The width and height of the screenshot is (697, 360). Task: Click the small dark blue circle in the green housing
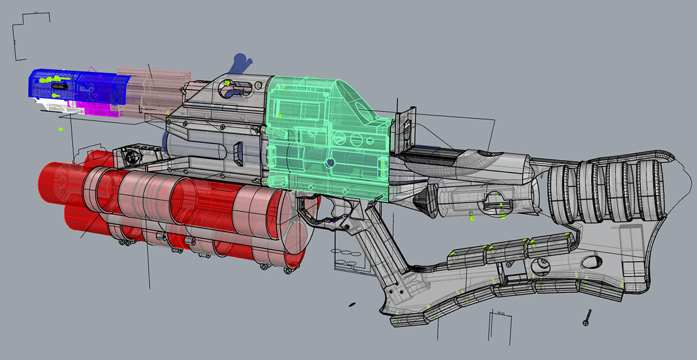tap(330, 164)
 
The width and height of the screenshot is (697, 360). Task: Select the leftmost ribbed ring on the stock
tap(561, 195)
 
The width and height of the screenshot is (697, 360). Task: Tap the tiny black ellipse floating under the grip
tap(351, 304)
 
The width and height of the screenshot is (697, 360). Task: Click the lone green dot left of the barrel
tap(60, 129)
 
